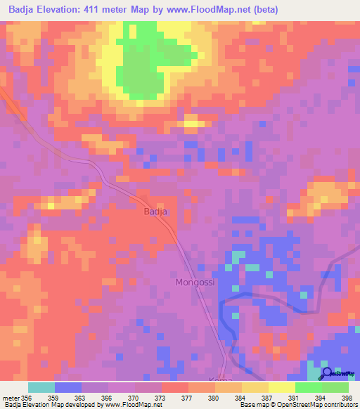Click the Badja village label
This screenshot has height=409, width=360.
155,211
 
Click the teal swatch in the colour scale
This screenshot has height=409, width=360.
41,387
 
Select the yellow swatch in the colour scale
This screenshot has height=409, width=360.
281,387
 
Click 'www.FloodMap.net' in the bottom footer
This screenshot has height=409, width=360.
134,405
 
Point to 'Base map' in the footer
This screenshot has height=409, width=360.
250,405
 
